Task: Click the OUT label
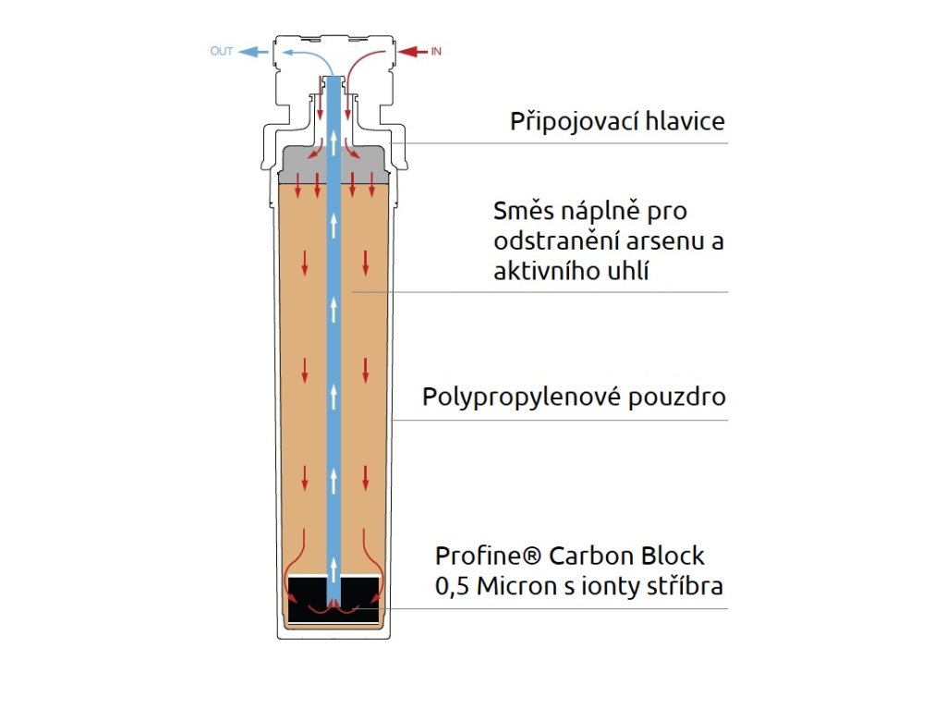[222, 52]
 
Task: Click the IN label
[436, 52]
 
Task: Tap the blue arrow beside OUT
[253, 52]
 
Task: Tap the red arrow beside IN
[413, 52]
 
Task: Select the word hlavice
[685, 121]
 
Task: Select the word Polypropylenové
[521, 398]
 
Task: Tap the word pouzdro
[677, 398]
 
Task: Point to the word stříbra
[685, 586]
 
